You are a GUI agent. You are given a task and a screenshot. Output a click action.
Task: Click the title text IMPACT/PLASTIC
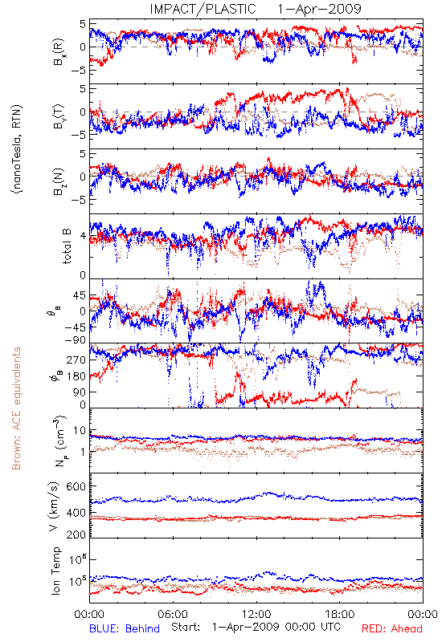click(x=203, y=9)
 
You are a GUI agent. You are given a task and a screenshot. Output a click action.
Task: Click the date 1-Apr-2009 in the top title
click(x=319, y=9)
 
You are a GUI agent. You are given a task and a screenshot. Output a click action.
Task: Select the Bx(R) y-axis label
click(x=59, y=51)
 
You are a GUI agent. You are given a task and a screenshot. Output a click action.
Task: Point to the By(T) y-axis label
click(x=59, y=116)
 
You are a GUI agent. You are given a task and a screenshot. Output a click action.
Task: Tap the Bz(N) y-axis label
click(x=59, y=181)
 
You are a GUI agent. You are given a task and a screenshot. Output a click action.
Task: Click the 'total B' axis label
click(x=67, y=246)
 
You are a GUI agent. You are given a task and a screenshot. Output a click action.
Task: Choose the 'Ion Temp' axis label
click(x=55, y=571)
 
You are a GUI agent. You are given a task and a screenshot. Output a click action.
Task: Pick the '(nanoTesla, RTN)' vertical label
click(x=17, y=149)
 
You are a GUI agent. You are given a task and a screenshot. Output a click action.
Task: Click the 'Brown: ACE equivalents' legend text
click(x=16, y=408)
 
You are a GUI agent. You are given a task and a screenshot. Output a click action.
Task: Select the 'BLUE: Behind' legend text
click(x=125, y=628)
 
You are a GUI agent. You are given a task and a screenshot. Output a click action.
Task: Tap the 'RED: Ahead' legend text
click(x=392, y=628)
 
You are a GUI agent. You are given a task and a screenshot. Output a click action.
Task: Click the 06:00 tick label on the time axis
click(x=173, y=614)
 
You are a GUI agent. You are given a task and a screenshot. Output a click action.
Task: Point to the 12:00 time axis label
click(x=256, y=614)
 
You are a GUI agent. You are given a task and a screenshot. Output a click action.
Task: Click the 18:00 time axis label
click(x=340, y=614)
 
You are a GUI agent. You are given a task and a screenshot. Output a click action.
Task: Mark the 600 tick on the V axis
click(x=76, y=486)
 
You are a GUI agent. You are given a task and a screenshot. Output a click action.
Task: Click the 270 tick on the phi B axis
click(x=76, y=360)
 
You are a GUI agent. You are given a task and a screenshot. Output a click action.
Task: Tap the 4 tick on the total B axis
click(x=83, y=236)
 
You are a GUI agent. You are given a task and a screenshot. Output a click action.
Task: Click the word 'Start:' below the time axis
click(x=186, y=628)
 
